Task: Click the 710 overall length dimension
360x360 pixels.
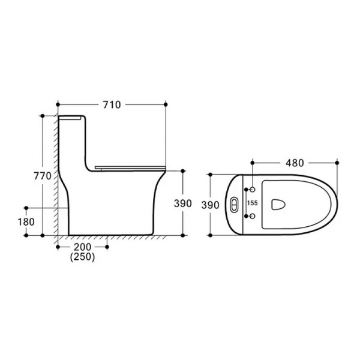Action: [112, 104]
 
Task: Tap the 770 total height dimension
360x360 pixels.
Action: [43, 176]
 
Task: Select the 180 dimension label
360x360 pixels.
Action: [26, 222]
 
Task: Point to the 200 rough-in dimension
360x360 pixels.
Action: [82, 247]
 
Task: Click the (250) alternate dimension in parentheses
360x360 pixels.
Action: [82, 257]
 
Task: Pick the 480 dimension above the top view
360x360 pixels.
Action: [295, 163]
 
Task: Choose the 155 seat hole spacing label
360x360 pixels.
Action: [253, 203]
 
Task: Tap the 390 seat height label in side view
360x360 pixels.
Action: [183, 203]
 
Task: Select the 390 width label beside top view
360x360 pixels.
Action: [211, 205]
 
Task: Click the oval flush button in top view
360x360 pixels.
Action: [234, 204]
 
